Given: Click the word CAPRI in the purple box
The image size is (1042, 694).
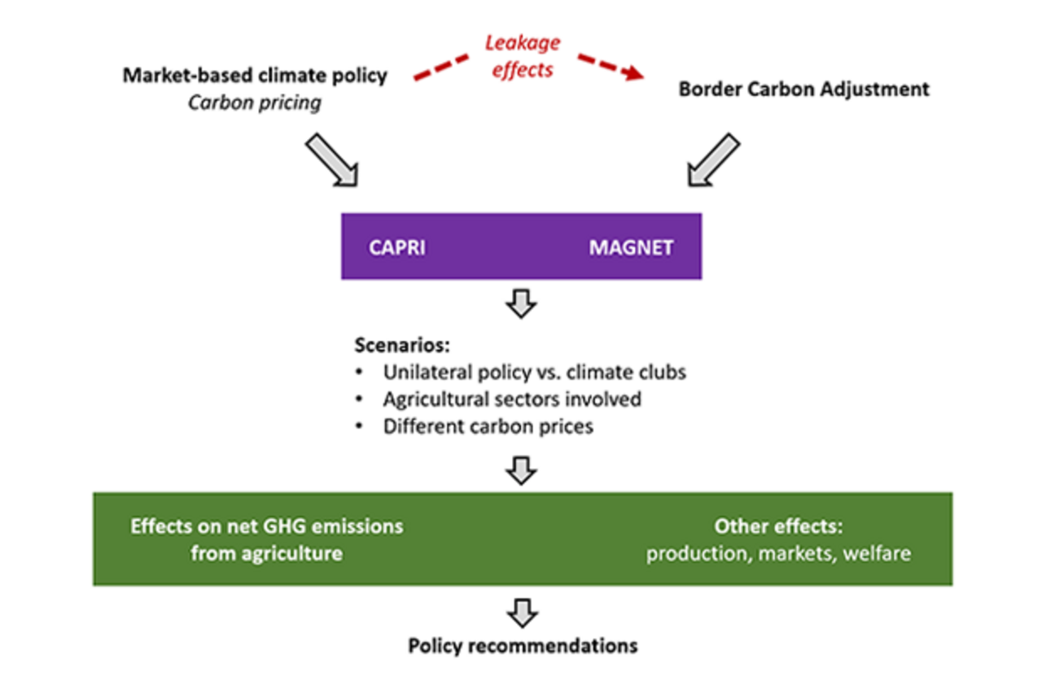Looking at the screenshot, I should click(x=397, y=247).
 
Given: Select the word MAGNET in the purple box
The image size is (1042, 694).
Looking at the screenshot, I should click(x=631, y=247).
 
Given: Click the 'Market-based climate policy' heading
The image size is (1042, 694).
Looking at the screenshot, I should click(x=255, y=76).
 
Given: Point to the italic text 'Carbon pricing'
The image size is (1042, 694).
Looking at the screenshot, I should click(x=255, y=103).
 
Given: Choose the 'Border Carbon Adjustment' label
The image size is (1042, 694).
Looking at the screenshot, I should click(x=803, y=89).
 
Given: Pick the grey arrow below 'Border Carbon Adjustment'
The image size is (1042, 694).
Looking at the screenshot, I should click(x=714, y=160).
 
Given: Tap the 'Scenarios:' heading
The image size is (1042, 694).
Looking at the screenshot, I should click(x=401, y=345).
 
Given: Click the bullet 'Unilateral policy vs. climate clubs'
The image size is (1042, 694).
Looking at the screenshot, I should click(x=534, y=373).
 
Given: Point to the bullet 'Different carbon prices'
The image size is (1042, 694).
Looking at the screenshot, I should click(x=488, y=426).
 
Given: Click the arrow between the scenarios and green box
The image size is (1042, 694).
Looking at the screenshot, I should click(x=521, y=469).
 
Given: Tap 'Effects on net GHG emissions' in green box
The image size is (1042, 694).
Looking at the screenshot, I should click(x=267, y=526).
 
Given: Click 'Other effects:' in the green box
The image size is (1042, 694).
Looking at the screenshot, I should click(x=777, y=526).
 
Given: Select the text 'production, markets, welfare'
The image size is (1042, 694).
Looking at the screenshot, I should click(x=778, y=554).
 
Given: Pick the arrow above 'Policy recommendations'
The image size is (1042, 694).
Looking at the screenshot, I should click(x=521, y=610).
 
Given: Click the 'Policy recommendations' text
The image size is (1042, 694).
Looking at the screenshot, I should click(x=523, y=646).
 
